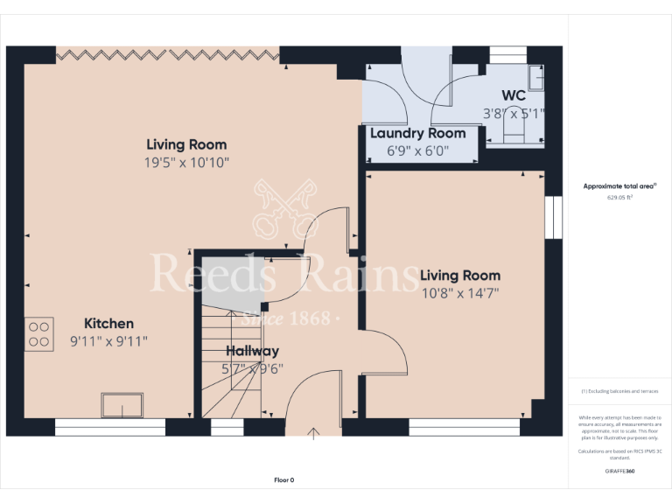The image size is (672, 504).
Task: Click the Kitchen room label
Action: pos(108,324)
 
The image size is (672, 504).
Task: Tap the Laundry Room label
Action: pos(417,134)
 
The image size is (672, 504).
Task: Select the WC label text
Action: pos(514,94)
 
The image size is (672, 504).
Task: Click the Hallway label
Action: pos(252,351)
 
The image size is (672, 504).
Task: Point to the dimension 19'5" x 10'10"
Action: pos(186,162)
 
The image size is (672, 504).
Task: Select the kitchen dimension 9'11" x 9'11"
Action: pos(109,341)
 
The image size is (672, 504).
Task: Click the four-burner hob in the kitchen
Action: pos(39,334)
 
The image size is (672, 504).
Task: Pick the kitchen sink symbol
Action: pos(122,405)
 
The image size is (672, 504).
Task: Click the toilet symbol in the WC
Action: pos(514,130)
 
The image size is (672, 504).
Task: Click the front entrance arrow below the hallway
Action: pos(313,431)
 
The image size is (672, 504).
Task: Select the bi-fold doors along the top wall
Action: pos(168,54)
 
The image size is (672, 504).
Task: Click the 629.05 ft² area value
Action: pos(619,198)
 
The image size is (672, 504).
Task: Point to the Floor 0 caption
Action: pos(284,479)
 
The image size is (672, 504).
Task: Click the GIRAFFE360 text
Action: pos(619,471)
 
